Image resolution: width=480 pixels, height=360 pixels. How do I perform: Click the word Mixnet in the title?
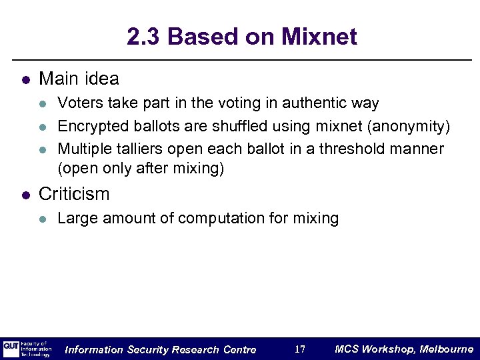(319, 37)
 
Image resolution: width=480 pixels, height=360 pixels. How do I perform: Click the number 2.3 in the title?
(143, 37)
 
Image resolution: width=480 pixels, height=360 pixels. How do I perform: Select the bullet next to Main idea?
(25, 80)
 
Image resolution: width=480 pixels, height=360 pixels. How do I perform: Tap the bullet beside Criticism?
(25, 195)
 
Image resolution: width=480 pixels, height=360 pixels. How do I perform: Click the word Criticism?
(75, 194)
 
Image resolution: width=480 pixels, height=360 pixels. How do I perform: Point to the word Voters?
(76, 103)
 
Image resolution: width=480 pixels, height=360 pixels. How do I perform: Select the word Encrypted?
(88, 126)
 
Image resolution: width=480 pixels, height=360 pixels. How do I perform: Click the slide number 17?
(300, 349)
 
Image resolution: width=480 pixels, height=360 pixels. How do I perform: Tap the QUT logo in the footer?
(11, 348)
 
